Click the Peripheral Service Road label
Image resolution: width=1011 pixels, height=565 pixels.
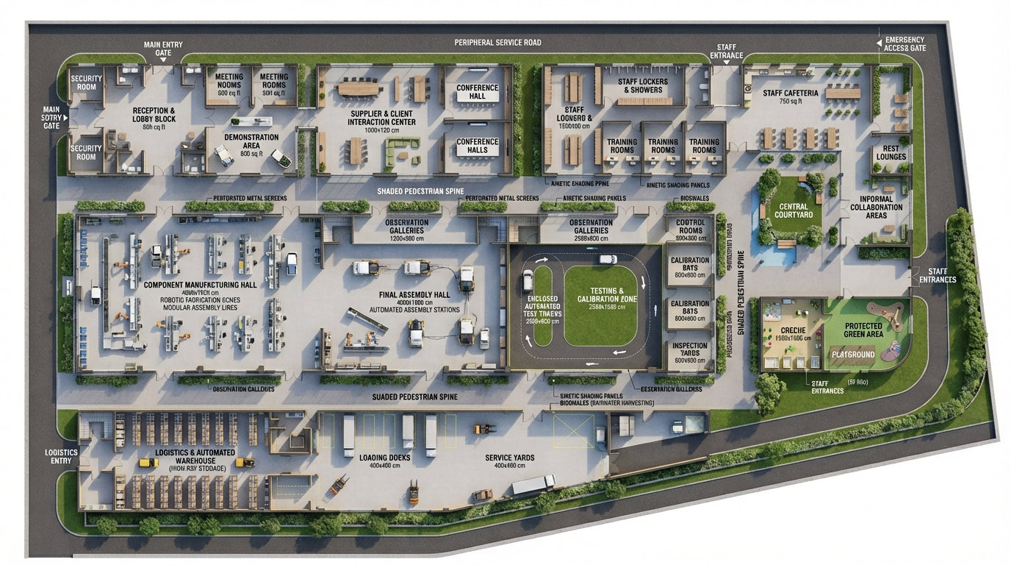point(497,43)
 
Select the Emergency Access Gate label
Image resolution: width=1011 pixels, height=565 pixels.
point(905,44)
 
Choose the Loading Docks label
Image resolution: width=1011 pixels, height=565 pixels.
point(380,458)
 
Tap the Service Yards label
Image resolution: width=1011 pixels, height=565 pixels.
point(509,458)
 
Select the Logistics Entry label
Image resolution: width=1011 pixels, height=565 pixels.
point(61,456)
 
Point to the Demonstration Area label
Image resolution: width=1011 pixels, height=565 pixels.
point(251,142)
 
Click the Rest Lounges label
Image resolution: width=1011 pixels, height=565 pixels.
point(891,152)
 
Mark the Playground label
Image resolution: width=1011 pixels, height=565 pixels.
point(852,355)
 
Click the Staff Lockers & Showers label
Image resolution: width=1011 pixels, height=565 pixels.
point(639,85)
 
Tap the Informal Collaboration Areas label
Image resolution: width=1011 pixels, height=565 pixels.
point(877,207)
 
